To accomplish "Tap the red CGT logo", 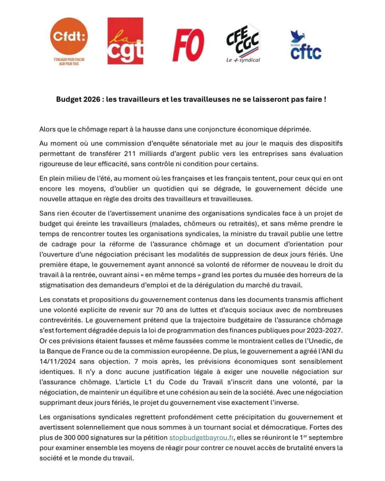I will pos(125,41).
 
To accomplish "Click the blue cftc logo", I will pos(306,45).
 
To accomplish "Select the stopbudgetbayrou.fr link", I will pos(201,437).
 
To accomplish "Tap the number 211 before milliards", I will pos(131,154).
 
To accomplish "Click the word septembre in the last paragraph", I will pos(327,437).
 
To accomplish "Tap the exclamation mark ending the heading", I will pos(325,100).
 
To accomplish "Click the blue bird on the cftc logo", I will pos(295,36).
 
